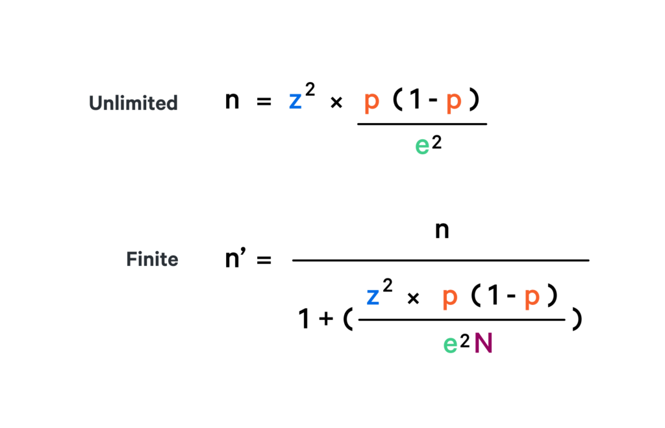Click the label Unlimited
point(133,103)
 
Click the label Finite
point(152,260)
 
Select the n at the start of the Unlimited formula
point(232,102)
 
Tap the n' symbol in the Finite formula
point(235,260)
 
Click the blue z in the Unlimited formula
point(295,103)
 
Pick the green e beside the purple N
point(450,344)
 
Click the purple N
point(483,343)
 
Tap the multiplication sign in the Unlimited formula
point(336,103)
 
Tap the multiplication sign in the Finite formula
point(413,298)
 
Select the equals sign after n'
point(264,260)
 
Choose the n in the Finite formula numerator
point(442,231)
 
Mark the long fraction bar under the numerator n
point(440,260)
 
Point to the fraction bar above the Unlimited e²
point(421,124)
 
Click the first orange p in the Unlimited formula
point(371,103)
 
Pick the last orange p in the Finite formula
point(532,298)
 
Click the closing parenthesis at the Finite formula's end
point(575,321)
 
